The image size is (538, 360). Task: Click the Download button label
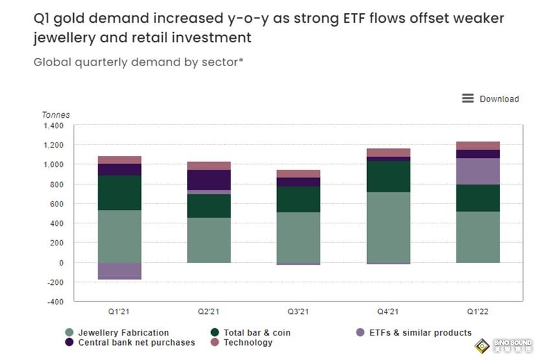(x=499, y=99)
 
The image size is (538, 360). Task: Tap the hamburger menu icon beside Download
(x=467, y=98)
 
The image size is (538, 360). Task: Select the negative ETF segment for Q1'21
(x=120, y=271)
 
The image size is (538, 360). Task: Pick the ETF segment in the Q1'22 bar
(x=477, y=171)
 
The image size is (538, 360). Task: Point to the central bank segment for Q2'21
(x=209, y=180)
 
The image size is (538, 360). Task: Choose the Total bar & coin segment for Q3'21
(x=298, y=199)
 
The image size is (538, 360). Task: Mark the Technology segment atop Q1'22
(x=477, y=146)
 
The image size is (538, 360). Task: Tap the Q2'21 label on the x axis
(x=209, y=311)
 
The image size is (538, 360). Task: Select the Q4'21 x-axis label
(x=388, y=311)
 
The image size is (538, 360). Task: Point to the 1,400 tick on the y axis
(x=54, y=126)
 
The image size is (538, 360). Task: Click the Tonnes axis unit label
(x=56, y=115)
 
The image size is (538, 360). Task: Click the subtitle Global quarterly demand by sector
(x=138, y=63)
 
